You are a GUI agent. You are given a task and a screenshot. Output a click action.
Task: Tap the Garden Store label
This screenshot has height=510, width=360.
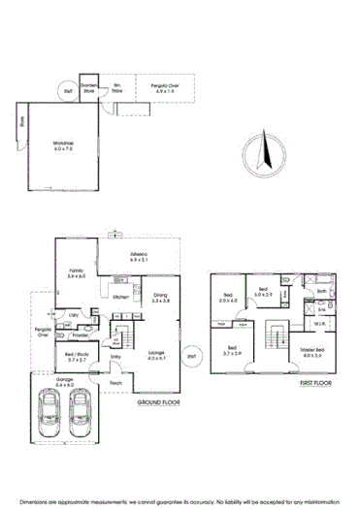88,85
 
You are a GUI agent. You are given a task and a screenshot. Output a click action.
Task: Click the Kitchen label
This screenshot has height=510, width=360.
121,297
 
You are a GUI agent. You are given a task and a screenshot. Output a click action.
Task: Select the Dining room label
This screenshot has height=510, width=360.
160,300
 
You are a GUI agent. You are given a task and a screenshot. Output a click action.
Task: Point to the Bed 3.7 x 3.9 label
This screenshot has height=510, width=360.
234,353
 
